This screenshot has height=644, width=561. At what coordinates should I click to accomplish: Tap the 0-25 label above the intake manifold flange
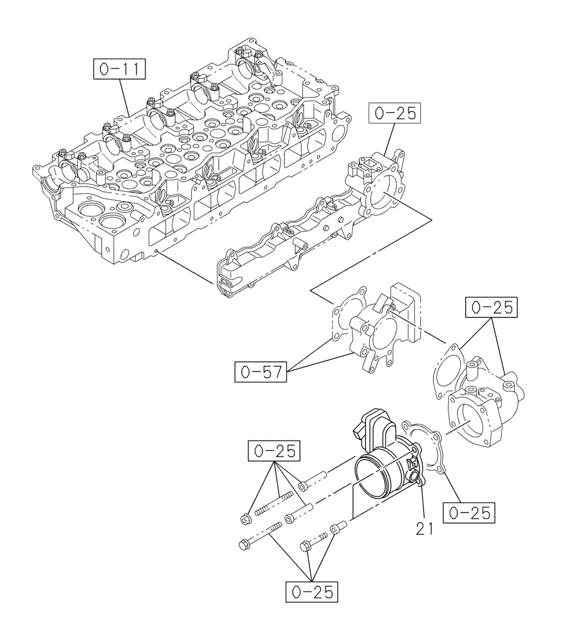[x=394, y=113]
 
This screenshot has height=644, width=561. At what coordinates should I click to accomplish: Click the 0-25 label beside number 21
[x=470, y=513]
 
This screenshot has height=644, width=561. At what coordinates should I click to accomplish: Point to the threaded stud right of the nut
[x=275, y=504]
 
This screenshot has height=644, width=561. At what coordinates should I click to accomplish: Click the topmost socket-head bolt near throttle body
[x=313, y=480]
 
